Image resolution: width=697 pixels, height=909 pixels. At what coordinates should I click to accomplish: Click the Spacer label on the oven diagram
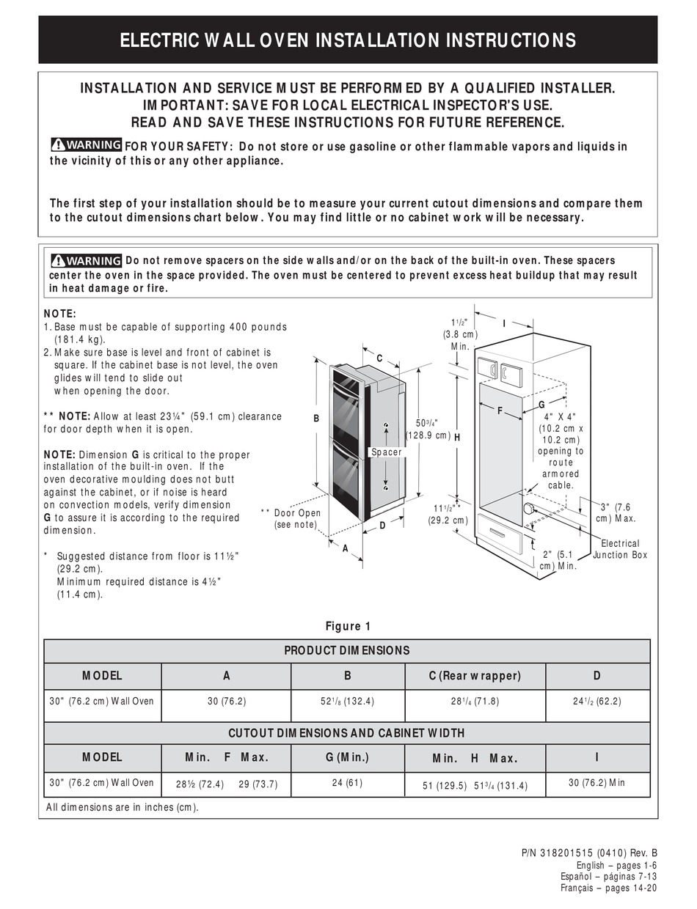387,452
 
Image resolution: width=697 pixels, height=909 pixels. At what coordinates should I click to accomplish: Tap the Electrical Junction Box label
620,549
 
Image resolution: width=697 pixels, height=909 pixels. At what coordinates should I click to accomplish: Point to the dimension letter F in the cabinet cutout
500,411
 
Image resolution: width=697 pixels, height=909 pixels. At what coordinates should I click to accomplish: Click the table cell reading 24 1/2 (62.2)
596,702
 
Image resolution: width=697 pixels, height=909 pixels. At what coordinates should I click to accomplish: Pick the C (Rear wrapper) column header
475,676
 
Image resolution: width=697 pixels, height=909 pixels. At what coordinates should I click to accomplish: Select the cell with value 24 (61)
348,783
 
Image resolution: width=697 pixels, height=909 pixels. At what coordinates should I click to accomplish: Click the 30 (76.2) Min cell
596,783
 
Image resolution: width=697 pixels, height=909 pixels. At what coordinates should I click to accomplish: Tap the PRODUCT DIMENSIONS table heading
347,650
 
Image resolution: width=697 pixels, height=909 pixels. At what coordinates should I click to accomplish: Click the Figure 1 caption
348,626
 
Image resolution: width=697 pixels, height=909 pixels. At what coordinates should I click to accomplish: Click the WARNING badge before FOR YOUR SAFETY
86,145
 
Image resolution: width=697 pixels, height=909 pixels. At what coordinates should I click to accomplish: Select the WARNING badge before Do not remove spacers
86,261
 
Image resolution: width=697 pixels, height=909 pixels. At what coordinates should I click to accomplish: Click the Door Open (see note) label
296,519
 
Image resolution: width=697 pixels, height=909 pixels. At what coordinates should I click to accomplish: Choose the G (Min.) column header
348,757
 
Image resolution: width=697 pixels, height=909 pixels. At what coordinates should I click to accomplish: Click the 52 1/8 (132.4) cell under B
348,702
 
